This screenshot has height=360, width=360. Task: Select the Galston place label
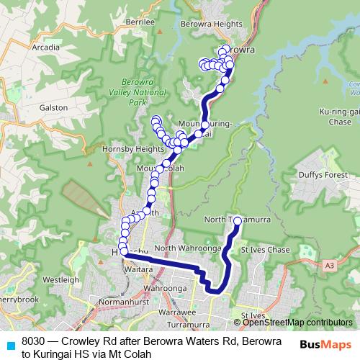click(53, 107)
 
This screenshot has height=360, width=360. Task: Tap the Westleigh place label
click(55, 278)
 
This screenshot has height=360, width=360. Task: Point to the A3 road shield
click(329, 266)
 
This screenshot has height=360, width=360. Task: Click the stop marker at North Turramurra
click(238, 220)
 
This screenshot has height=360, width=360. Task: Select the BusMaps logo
click(318, 345)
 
